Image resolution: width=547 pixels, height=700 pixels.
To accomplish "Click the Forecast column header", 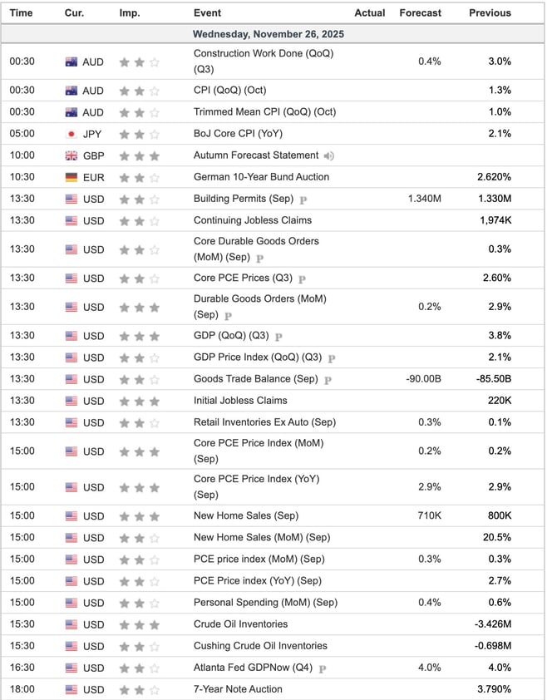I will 420,12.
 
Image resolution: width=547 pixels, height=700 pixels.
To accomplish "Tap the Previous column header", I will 490,12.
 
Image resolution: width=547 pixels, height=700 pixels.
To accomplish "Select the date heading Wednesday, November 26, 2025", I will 268,35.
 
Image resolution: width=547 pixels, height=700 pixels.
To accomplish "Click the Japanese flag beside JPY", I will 71,134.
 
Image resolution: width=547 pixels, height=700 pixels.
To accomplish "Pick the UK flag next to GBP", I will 71,155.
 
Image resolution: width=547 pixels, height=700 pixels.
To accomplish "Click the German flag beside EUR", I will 71,177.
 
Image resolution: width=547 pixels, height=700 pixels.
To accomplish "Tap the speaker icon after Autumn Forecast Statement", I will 329,155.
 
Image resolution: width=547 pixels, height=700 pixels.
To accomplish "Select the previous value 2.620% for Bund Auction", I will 494,177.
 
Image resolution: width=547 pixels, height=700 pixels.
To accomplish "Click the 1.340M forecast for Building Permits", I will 424,199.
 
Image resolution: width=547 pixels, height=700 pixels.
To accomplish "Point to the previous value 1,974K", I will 495,220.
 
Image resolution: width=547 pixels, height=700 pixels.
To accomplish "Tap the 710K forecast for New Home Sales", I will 429,516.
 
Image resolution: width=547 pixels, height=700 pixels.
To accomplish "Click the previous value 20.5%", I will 497,538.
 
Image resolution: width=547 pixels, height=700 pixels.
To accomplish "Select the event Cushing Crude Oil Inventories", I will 260,646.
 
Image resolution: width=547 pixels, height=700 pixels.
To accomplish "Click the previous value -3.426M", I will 492,624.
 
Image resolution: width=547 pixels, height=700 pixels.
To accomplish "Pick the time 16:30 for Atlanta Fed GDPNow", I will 22,668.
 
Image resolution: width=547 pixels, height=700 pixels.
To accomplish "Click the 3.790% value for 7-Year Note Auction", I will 494,689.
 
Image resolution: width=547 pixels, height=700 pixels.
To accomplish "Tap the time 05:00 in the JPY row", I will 22,134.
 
